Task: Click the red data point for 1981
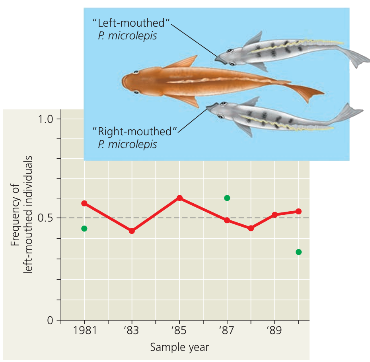pos(84,203)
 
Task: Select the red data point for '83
pos(132,231)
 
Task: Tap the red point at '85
pos(179,198)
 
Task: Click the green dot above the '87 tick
pos(227,198)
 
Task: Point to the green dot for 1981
pos(84,228)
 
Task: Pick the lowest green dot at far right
pos(298,252)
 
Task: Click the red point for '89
pos(275,215)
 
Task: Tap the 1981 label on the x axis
pos(84,331)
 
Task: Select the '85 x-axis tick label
pos(179,331)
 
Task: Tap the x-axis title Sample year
pos(179,347)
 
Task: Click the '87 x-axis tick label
pos(227,331)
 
